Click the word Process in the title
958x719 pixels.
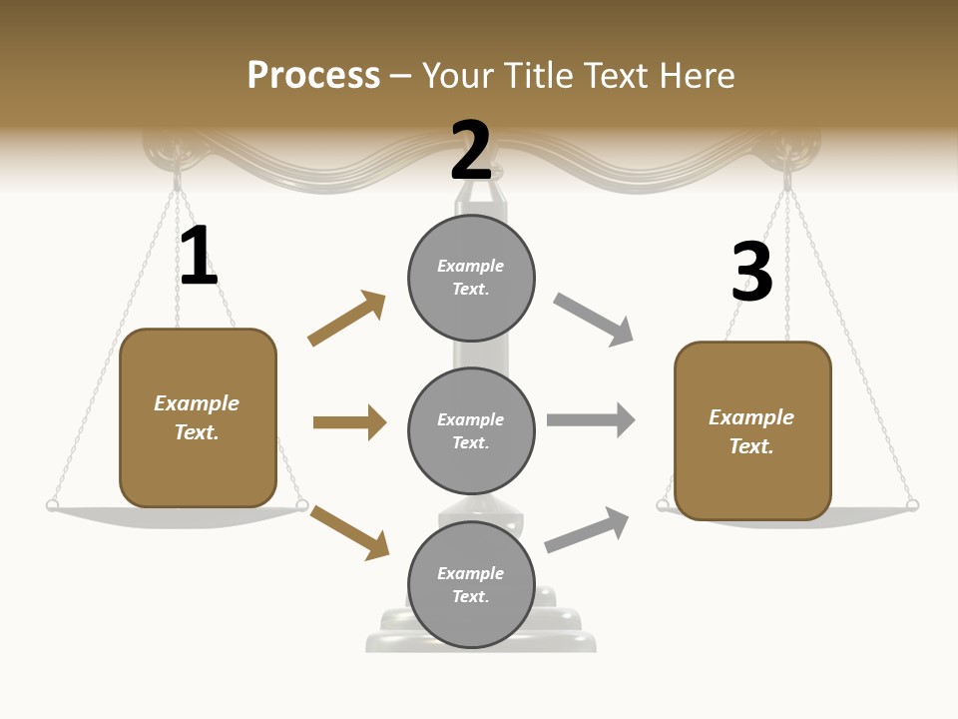[313, 76]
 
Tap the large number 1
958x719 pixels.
[198, 256]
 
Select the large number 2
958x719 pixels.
[471, 150]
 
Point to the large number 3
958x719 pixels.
[751, 272]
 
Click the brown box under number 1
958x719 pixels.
[198, 417]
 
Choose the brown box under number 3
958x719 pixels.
[752, 431]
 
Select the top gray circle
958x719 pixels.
[471, 278]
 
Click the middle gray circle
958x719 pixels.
[471, 431]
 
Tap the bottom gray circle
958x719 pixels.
[471, 585]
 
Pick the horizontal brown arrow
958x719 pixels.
[349, 422]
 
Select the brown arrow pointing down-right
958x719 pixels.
[349, 531]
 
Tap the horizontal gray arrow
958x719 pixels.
[591, 419]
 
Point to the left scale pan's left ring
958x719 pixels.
[52, 505]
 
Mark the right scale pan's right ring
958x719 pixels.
[912, 506]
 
